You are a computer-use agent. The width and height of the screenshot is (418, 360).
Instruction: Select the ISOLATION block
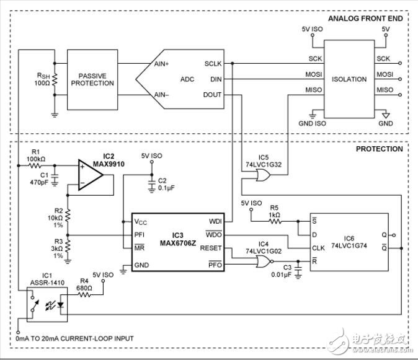pyautogui.click(x=349, y=79)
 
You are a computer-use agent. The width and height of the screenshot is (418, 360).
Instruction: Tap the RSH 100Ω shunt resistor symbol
pyautogui.click(x=55, y=79)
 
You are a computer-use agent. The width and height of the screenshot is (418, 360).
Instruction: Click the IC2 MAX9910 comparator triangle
pyautogui.click(x=90, y=175)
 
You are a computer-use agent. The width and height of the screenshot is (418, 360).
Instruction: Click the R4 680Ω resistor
pyautogui.click(x=84, y=295)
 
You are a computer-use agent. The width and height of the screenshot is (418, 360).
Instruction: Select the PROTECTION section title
pyautogui.click(x=379, y=149)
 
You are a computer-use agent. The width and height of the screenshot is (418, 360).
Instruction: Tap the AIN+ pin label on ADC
pyautogui.click(x=161, y=64)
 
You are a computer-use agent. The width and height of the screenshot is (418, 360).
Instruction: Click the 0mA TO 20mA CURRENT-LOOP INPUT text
pyautogui.click(x=75, y=338)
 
